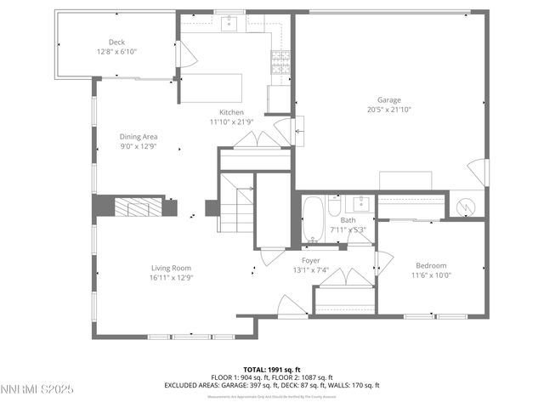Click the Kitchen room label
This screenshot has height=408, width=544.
(231, 112)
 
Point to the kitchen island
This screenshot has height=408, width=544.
(209, 87)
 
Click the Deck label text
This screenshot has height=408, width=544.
(116, 42)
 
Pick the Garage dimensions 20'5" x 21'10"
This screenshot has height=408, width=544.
(389, 110)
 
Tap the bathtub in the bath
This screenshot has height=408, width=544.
(313, 219)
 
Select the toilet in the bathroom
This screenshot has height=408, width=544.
(335, 207)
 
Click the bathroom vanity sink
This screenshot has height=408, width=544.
(361, 204)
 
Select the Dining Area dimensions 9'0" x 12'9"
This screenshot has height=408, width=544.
(138, 145)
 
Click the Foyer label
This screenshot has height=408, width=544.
(311, 260)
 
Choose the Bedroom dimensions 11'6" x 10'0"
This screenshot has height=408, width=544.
(432, 275)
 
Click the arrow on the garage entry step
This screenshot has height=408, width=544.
(298, 131)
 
